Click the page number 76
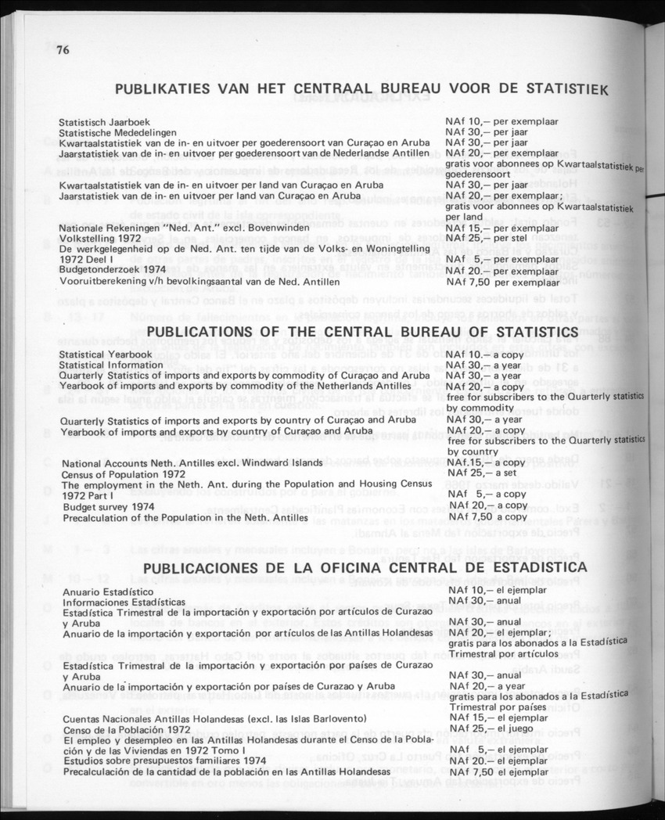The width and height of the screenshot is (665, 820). pos(63,52)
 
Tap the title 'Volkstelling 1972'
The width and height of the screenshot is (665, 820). pos(100,238)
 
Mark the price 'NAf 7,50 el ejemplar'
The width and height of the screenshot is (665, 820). pos(498,771)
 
